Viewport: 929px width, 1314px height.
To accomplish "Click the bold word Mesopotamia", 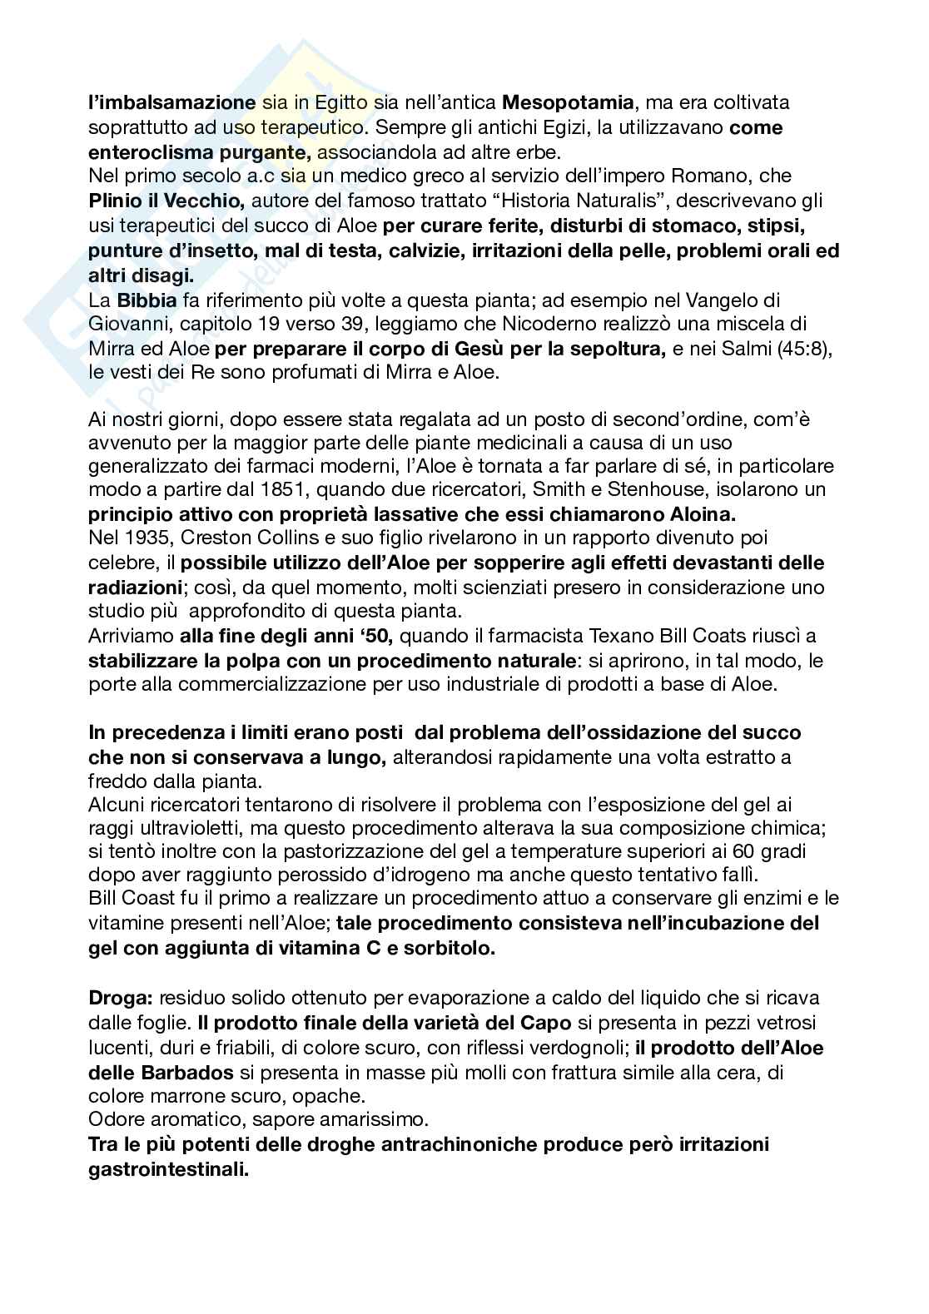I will (x=569, y=103).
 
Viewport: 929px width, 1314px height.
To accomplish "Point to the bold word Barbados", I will (x=163, y=1072).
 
